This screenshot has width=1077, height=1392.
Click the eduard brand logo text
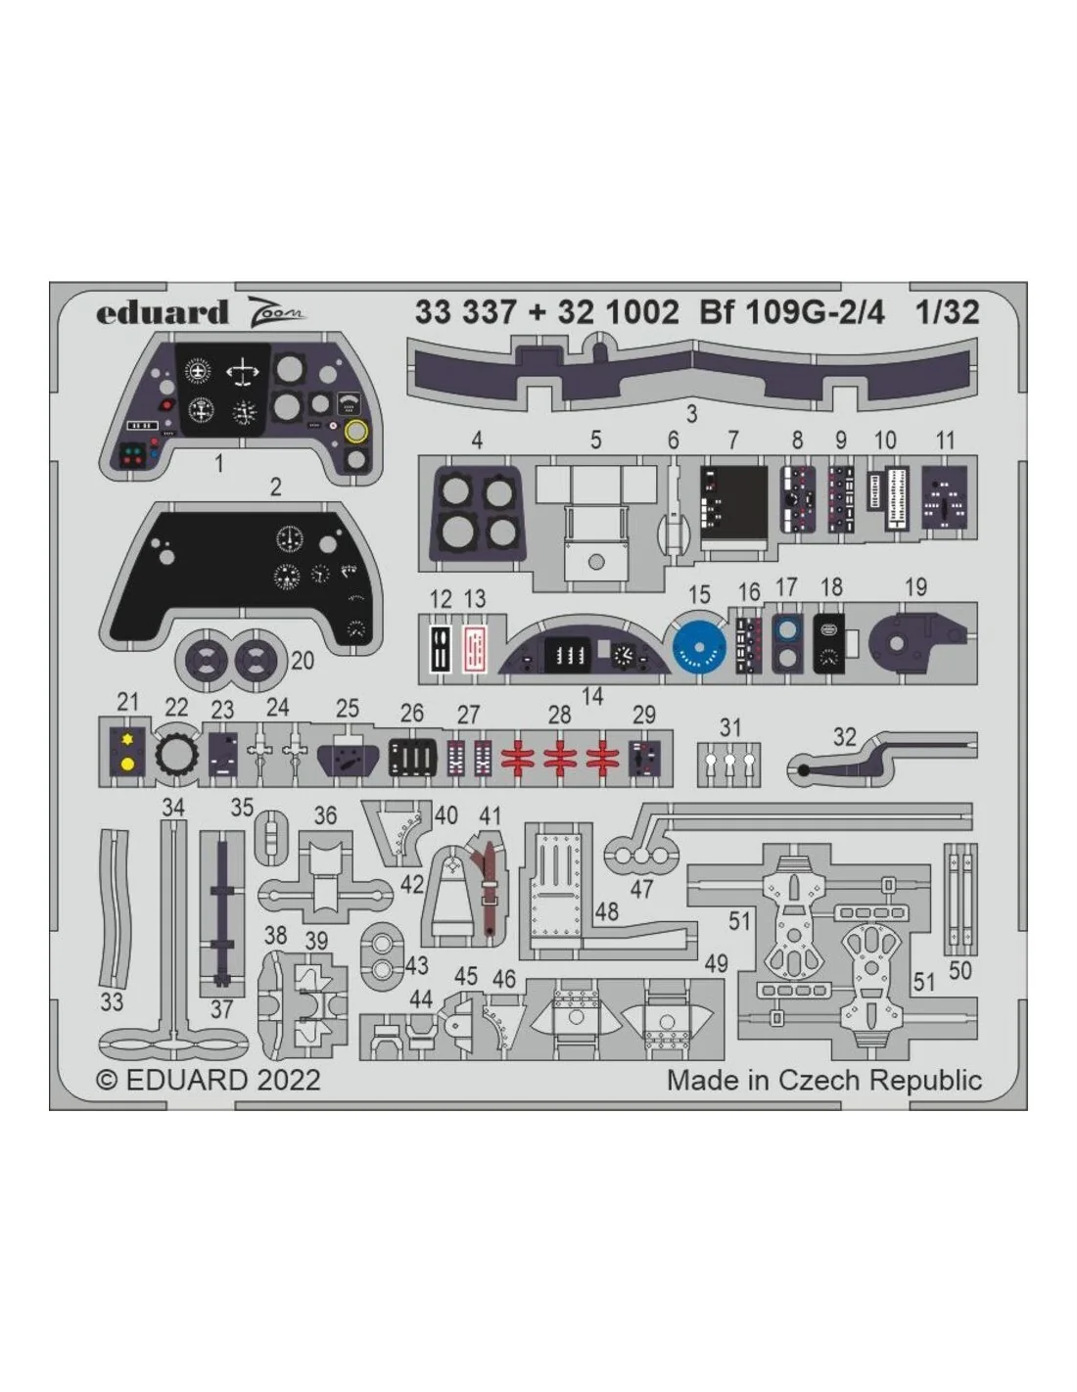click(x=163, y=313)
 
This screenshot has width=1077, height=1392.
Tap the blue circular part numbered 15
click(x=699, y=644)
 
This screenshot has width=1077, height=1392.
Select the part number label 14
click(x=592, y=696)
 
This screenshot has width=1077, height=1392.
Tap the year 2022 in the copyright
click(x=288, y=1080)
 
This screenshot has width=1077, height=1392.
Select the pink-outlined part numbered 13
click(x=475, y=647)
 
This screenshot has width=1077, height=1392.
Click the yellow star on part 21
click(x=127, y=739)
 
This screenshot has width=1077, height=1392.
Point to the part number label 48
click(x=607, y=912)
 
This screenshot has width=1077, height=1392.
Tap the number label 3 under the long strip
click(x=691, y=414)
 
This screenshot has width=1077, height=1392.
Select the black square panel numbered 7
click(x=733, y=500)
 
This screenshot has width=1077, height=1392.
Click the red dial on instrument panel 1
click(x=167, y=405)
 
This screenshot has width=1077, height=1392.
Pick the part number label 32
click(x=844, y=737)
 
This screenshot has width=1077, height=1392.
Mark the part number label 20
click(x=303, y=661)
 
